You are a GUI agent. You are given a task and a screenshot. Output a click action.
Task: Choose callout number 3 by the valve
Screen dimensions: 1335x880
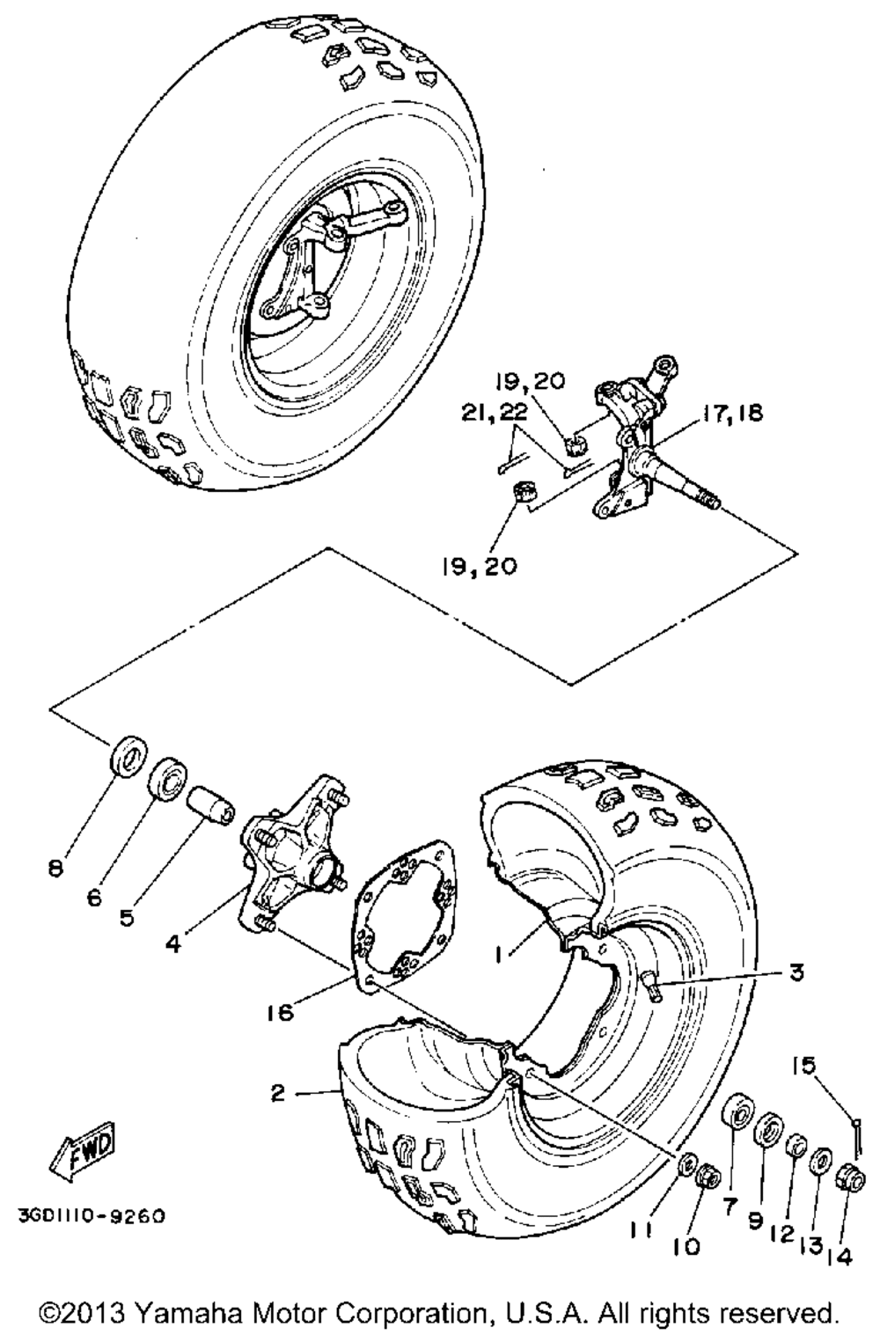pos(796,973)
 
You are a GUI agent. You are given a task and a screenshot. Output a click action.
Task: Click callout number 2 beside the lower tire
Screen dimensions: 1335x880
pos(278,1094)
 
